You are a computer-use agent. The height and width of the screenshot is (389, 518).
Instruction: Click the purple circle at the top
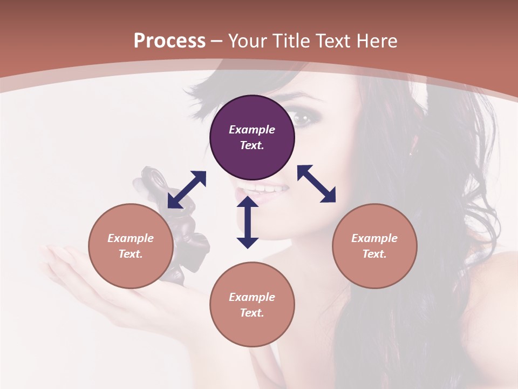[252, 138]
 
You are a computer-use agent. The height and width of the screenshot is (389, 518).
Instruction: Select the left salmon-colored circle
[131, 246]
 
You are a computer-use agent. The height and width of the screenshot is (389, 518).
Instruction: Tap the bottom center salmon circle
[252, 304]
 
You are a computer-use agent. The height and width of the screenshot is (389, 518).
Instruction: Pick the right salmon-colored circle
[374, 246]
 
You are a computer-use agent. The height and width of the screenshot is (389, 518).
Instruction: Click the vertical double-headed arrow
[248, 222]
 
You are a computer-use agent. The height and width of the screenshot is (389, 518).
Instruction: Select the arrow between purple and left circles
[187, 190]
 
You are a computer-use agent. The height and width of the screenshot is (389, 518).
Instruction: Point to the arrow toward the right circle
[317, 184]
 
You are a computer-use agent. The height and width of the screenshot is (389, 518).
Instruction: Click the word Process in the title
[169, 41]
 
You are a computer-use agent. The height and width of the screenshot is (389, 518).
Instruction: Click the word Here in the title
[378, 41]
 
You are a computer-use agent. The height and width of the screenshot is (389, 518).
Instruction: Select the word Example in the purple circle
[252, 130]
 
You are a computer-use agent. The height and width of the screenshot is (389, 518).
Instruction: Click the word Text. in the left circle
[131, 254]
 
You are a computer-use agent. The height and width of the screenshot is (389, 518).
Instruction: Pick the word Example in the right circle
[374, 238]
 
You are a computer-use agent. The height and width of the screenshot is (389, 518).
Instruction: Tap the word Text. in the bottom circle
[252, 313]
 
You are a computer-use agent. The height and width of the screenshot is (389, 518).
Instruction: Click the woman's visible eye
[302, 117]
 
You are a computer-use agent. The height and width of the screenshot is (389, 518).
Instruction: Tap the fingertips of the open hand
[51, 254]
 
